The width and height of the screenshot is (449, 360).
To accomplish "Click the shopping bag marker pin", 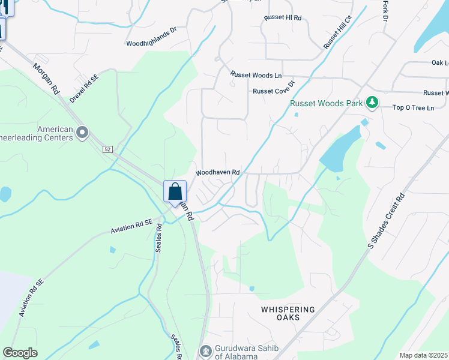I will (x=175, y=193).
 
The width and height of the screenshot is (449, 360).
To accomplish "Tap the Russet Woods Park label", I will (x=326, y=103).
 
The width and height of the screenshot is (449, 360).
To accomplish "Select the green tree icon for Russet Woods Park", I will (x=373, y=103).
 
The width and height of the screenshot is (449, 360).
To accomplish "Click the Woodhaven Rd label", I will (x=218, y=172).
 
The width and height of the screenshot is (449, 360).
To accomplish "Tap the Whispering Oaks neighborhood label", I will (x=288, y=314).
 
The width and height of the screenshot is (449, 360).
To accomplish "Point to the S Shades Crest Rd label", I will (x=387, y=221).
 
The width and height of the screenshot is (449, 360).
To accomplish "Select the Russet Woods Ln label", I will (x=256, y=75).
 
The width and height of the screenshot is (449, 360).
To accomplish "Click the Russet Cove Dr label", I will (x=274, y=91).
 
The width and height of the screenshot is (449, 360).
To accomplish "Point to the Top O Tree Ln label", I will (x=413, y=108).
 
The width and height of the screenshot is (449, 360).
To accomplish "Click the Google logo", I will (x=20, y=353).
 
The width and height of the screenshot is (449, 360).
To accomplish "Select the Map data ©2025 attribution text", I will (x=424, y=355).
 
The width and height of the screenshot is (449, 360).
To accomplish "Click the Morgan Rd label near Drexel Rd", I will (x=46, y=79).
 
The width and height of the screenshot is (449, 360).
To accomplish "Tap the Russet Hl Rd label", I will (x=282, y=18).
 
